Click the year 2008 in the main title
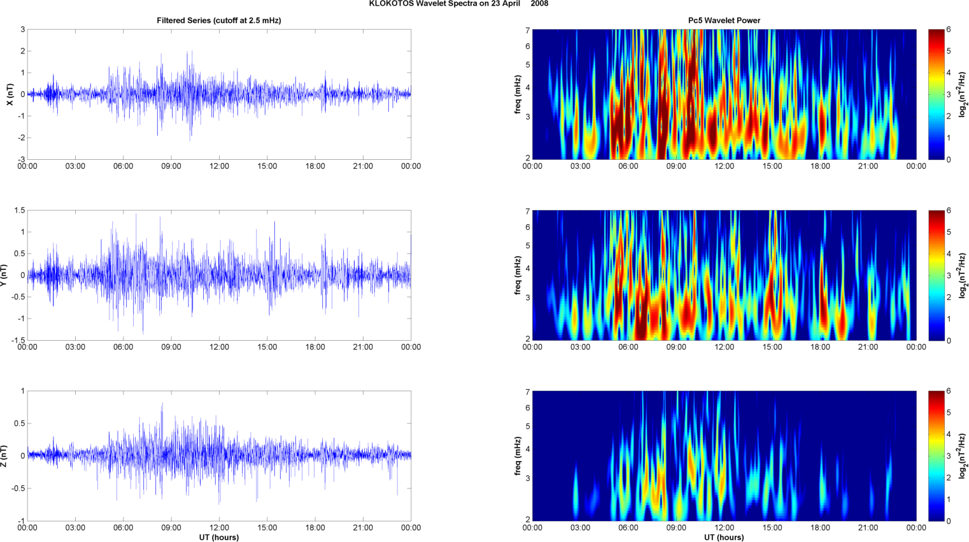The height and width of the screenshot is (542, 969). point(539,4)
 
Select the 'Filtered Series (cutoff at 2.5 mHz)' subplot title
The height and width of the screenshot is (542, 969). point(219,20)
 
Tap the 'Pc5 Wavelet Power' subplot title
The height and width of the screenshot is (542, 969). point(724,20)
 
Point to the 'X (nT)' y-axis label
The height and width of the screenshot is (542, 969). point(10,94)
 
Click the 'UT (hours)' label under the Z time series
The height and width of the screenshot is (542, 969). point(219,538)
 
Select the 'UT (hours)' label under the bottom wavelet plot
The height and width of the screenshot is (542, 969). point(724,538)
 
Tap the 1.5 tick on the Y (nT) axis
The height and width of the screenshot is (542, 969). point(20,210)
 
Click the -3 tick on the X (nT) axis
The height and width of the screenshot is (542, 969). point(22,159)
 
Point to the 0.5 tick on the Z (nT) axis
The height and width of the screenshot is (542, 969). point(20,424)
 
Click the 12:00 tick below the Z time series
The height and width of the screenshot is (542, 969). point(219,528)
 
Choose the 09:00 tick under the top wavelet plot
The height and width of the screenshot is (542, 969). point(676,166)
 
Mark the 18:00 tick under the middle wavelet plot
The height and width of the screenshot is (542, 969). point(820,347)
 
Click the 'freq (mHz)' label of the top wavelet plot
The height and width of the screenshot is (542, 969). point(518,94)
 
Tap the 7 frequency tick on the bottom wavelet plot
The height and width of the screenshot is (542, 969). point(527,392)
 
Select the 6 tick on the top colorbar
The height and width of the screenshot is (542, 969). point(949,30)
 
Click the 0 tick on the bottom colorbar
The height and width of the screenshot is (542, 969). point(949,521)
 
